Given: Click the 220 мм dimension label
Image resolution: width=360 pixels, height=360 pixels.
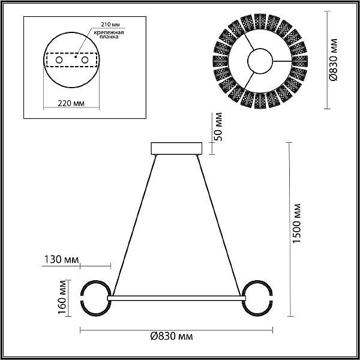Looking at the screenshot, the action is click(x=71, y=104).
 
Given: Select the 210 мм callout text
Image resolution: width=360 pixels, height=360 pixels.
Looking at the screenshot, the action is click(x=110, y=25).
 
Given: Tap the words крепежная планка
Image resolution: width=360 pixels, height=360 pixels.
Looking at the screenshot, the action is click(x=109, y=34).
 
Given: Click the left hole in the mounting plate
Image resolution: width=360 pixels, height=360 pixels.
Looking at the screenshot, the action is click(x=59, y=60).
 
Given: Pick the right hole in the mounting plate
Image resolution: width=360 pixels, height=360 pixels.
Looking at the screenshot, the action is click(x=85, y=60).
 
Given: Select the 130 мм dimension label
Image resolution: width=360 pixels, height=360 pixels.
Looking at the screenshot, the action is click(x=61, y=260).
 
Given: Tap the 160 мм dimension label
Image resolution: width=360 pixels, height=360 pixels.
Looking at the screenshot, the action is click(x=62, y=298).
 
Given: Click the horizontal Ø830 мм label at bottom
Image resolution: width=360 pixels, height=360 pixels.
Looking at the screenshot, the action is click(x=172, y=337).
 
